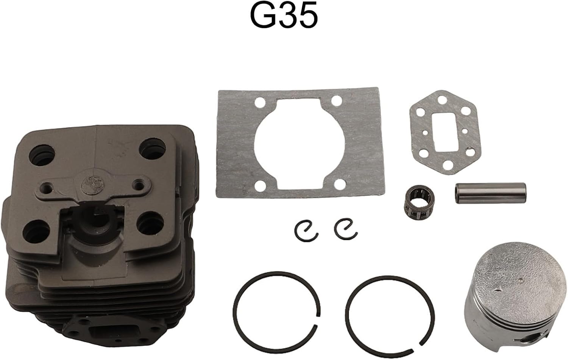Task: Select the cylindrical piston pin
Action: (x=490, y=193)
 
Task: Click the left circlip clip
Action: (x=306, y=230)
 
